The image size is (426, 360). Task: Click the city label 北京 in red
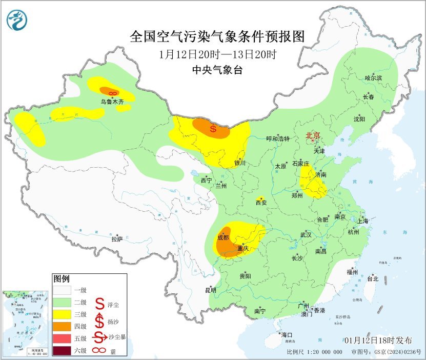click(313, 136)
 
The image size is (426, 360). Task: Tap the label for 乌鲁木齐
click(112, 102)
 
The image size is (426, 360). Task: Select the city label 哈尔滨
click(373, 77)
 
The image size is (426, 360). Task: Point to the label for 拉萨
click(117, 239)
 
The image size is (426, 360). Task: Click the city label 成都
click(223, 237)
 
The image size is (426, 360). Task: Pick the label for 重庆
click(243, 249)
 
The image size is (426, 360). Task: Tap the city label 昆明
click(211, 290)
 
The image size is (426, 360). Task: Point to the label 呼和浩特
click(278, 139)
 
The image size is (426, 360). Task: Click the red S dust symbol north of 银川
click(213, 129)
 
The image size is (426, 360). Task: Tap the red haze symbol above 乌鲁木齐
click(114, 93)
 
